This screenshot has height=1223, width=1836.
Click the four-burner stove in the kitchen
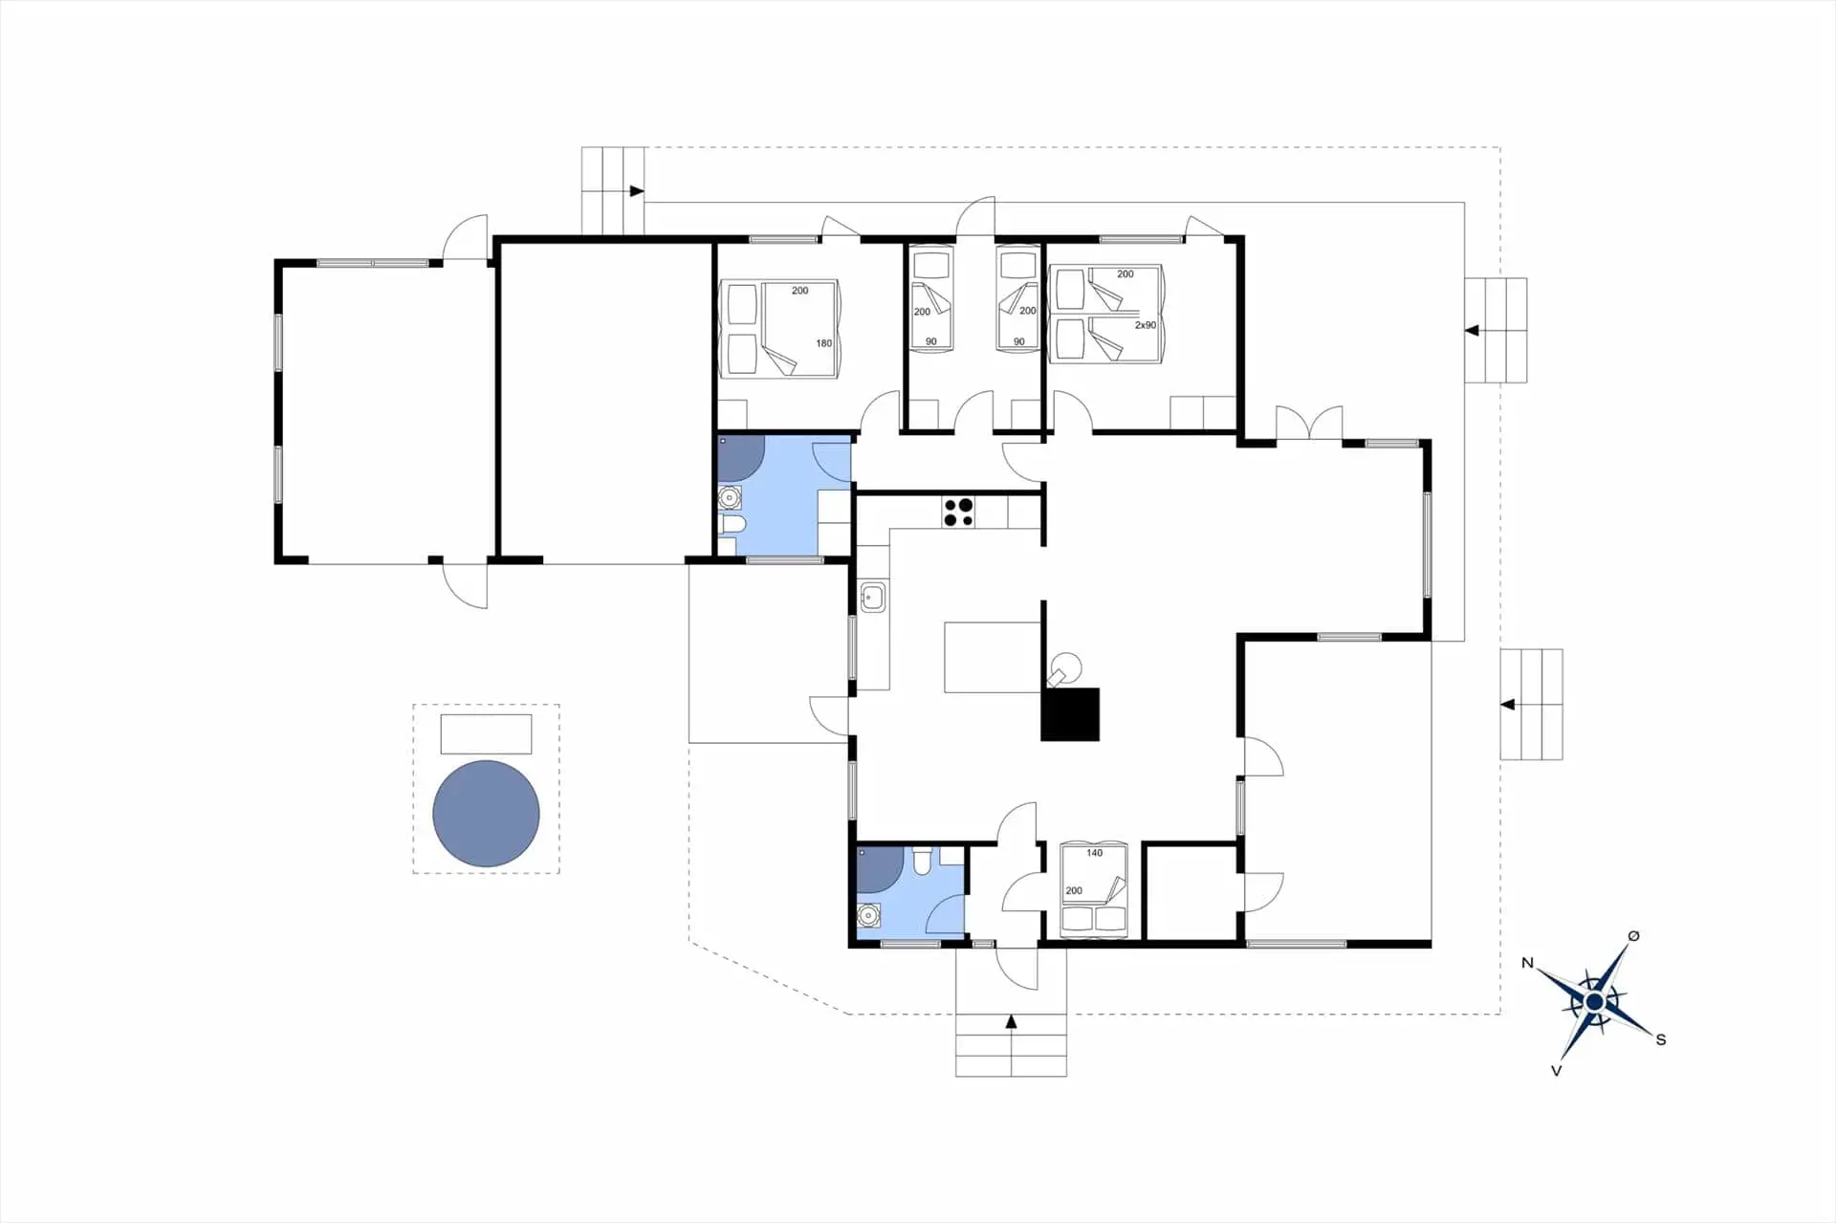click(x=959, y=513)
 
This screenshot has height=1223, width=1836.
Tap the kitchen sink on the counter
click(x=870, y=599)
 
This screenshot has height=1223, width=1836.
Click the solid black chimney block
click(x=1070, y=714)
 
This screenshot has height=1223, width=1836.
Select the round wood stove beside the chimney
click(x=1066, y=665)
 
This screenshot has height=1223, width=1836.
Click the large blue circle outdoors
click(x=486, y=814)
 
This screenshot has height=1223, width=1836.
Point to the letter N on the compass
click(x=1528, y=963)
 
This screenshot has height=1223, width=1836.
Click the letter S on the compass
click(x=1661, y=1039)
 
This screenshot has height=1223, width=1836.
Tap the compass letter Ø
click(x=1633, y=936)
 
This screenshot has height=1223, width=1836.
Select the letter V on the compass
click(x=1556, y=1071)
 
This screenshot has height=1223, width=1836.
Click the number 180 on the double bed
click(x=823, y=343)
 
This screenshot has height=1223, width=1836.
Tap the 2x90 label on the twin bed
click(x=1145, y=325)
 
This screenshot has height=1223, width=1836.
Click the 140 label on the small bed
click(x=1094, y=853)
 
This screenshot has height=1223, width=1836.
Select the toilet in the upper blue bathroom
click(x=732, y=525)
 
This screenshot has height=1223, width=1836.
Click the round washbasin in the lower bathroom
click(x=868, y=915)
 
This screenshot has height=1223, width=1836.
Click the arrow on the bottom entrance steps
click(x=1011, y=1022)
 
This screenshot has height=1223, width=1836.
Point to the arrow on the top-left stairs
click(x=636, y=191)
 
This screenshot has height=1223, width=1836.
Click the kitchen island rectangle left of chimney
click(x=992, y=657)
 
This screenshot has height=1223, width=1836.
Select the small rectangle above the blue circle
click(x=486, y=733)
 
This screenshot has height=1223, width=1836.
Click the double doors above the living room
click(x=1308, y=424)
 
